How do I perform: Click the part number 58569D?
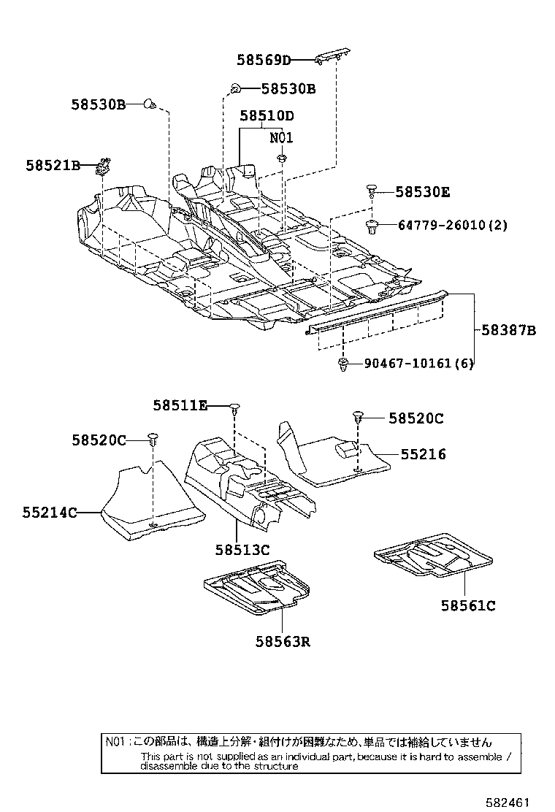(264, 60)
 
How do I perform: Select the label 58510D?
(267, 116)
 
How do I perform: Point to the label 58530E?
(423, 192)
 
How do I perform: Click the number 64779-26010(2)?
(452, 225)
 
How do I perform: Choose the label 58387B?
(508, 331)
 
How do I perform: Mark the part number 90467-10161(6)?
(418, 364)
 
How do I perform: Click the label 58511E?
(180, 405)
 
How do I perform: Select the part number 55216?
(423, 454)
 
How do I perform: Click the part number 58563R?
(283, 642)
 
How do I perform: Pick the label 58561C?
(468, 605)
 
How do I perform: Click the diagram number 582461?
(508, 801)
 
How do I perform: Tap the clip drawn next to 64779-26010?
(372, 226)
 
